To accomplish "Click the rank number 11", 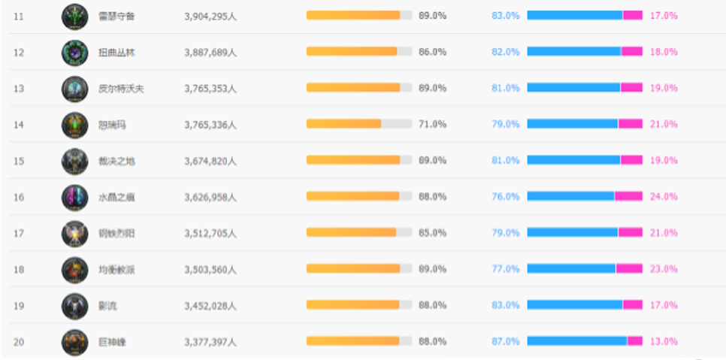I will pos(19,16).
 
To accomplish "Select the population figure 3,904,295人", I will pos(210,16).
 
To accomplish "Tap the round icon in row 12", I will pos(74,52).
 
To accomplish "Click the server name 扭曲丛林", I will pos(117,52).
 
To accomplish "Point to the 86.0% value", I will pos(432,52).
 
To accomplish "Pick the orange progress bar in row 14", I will pos(343,124).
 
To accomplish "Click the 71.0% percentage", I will pos(432,124).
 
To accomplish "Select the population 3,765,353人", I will pos(210,88).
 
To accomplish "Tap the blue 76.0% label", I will pos(506,197).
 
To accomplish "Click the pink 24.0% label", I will pos(664,197).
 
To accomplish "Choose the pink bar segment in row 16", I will pos(628,197).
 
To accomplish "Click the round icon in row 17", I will pos(74,233).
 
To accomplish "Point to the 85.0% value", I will pos(432,233).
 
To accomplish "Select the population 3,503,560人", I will pos(210,269).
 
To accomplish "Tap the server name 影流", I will pos(108,305).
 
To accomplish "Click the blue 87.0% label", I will pos(506,341).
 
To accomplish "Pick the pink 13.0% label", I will pos(664,341).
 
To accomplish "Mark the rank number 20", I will pos(19,342).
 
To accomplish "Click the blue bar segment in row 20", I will pos(577,341).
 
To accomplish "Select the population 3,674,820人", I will pos(210,161).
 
